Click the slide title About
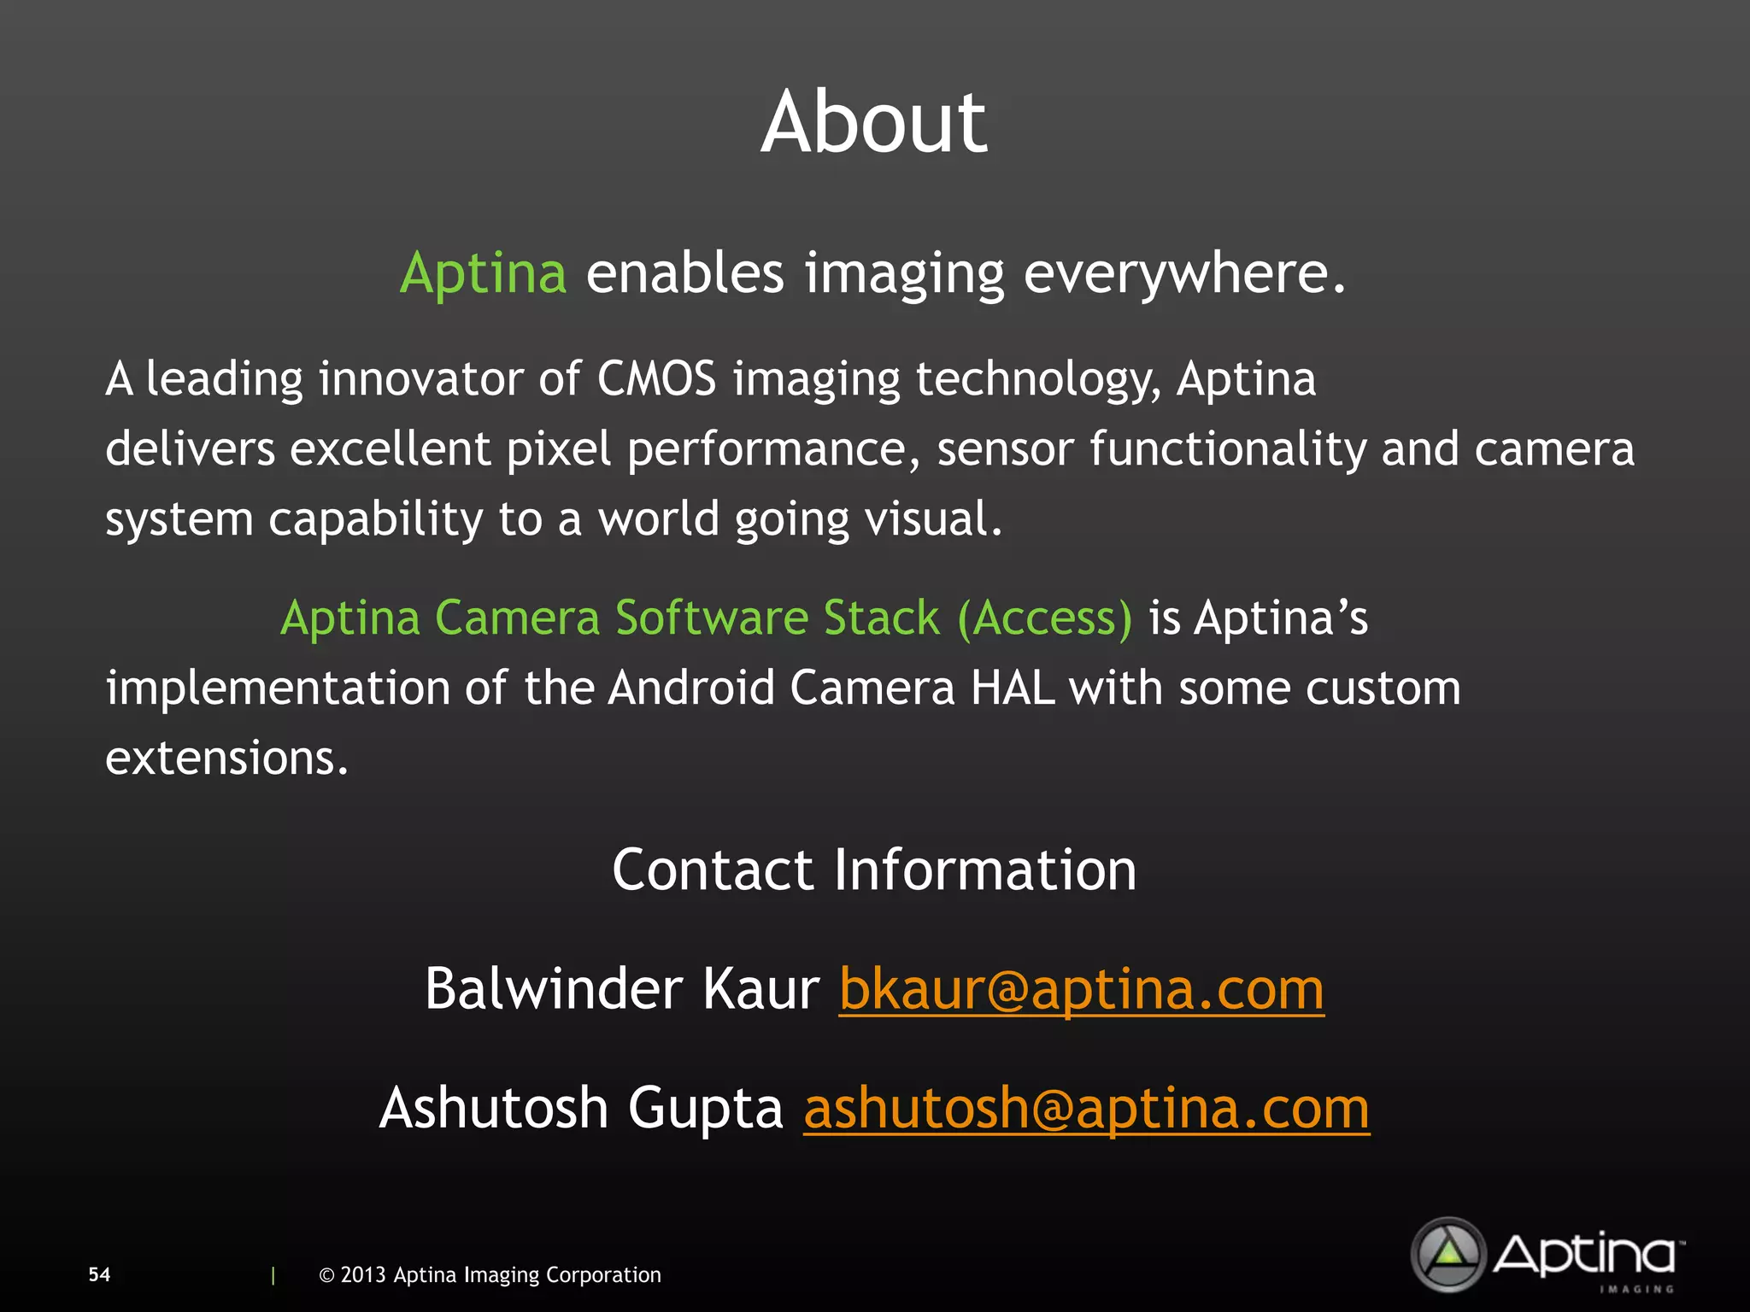pos(873,123)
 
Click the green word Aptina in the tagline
pos(483,273)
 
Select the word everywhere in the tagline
pos(1183,273)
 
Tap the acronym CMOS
pos(656,378)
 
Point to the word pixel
pos(559,449)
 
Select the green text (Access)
pos(1045,618)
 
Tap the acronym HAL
pos(1013,688)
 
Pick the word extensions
pos(226,758)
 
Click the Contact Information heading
pos(874,870)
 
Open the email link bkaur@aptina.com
pos(1081,989)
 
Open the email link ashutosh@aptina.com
pos(1086,1108)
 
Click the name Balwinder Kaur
pos(622,989)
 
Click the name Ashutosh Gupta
pos(581,1108)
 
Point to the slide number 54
pos(99,1274)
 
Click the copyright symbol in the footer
pos(326,1275)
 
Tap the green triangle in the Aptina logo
pos(1448,1254)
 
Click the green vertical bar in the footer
pos(273,1275)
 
